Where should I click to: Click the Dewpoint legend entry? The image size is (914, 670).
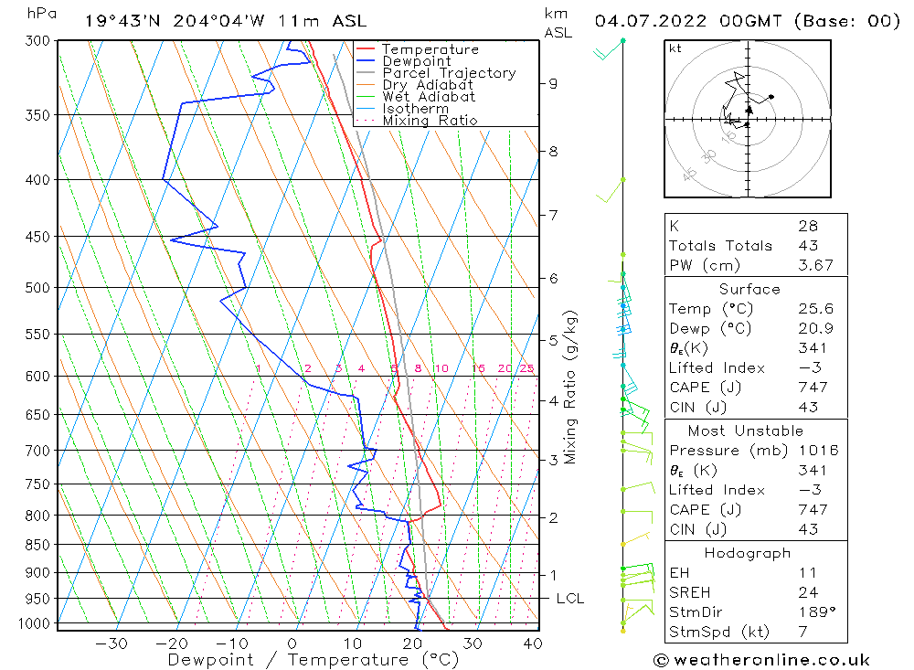point(416,61)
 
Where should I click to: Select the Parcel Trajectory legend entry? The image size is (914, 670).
point(449,73)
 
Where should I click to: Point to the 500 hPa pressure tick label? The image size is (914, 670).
point(38,288)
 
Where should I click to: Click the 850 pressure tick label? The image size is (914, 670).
point(38,546)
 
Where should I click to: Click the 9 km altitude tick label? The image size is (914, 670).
point(553,83)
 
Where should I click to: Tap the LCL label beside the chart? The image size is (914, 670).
point(569,599)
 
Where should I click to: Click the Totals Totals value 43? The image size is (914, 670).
point(808,246)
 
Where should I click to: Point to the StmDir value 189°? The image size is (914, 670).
point(813,612)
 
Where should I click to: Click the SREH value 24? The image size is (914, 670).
point(807,592)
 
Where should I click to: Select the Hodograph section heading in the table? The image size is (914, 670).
point(749,553)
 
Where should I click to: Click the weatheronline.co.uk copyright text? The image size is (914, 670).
point(761,660)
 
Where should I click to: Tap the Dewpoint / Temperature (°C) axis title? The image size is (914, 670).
point(313,659)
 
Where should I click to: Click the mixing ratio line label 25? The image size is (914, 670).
point(526,369)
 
